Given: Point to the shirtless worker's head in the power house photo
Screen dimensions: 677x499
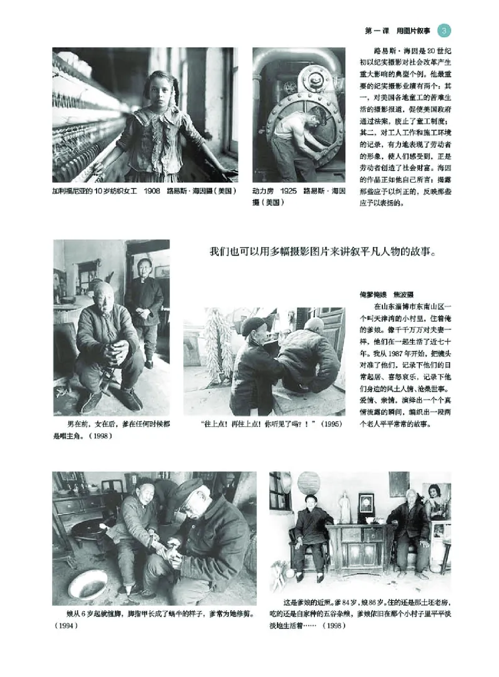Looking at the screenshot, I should (x=316, y=115).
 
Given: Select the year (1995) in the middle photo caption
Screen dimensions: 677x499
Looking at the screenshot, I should (x=331, y=424).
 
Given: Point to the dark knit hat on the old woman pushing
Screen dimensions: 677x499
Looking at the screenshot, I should (x=253, y=326).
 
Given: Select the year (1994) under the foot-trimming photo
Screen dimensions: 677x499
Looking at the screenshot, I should (x=65, y=625).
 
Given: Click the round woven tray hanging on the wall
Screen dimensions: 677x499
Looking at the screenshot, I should (x=308, y=483).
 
